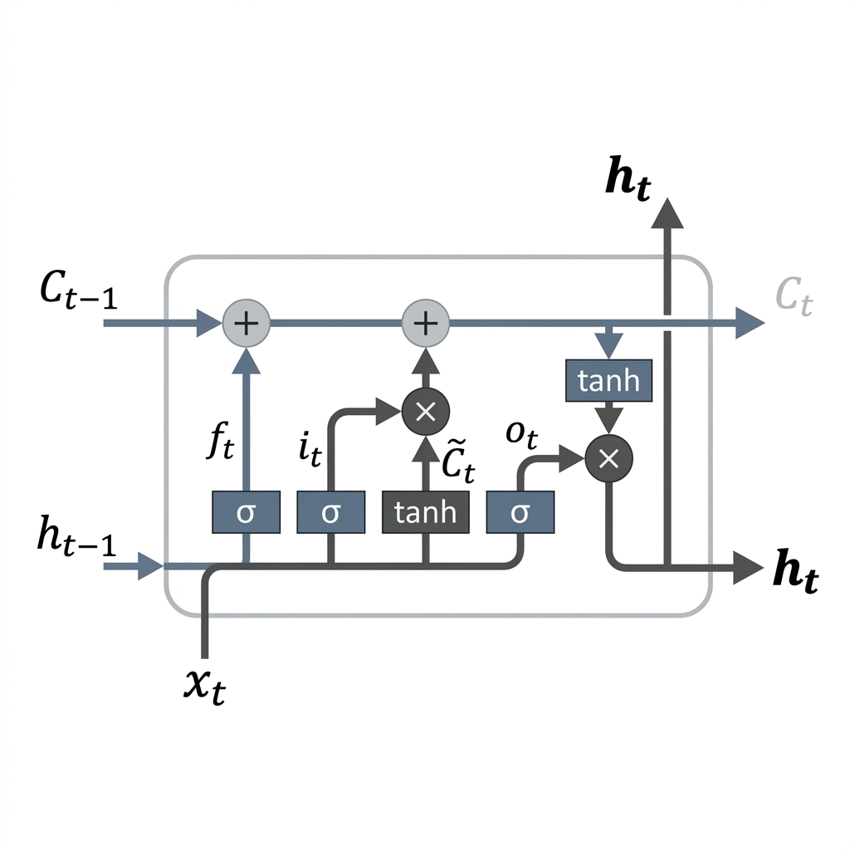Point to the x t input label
tap(205, 684)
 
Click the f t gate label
tap(221, 445)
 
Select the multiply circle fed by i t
tap(425, 411)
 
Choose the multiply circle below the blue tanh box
tap(608, 457)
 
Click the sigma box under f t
tap(246, 512)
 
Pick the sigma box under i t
tap(330, 512)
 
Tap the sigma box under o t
tap(520, 512)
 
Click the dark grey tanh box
tap(425, 512)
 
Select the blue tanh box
tap(608, 381)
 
